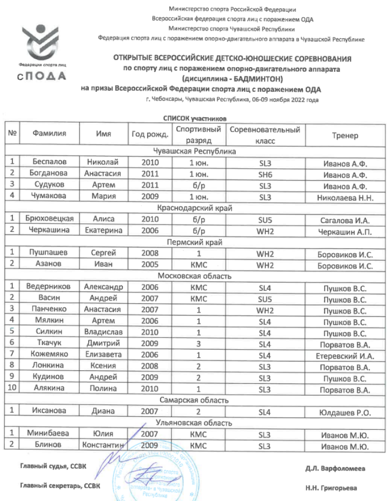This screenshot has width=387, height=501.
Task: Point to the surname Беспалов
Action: click(x=50, y=162)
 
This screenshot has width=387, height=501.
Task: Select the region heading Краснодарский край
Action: click(x=195, y=208)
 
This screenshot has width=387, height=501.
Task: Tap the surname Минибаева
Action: click(x=50, y=434)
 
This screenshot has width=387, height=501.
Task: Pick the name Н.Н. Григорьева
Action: click(x=338, y=488)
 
